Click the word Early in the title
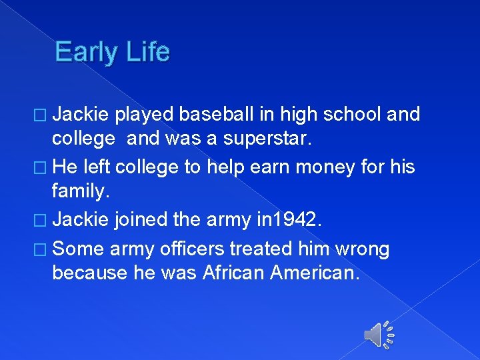[x=85, y=51]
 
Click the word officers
[x=193, y=249]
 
